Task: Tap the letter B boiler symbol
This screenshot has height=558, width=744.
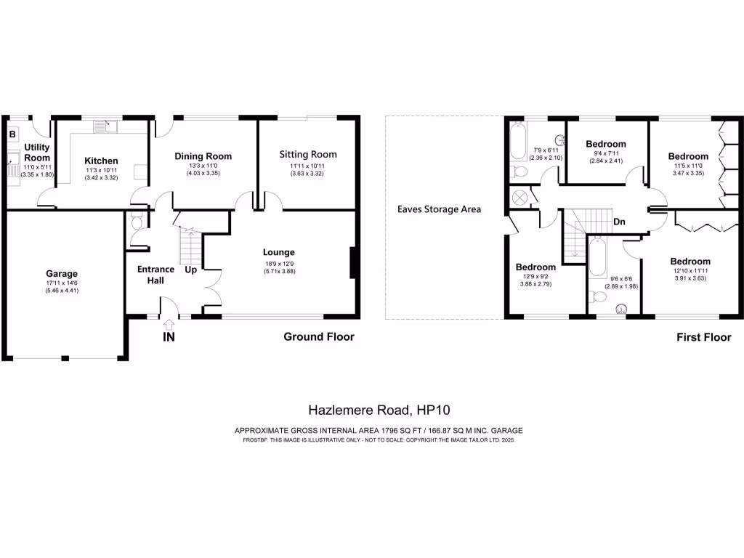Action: point(12,134)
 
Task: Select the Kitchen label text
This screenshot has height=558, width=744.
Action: point(101,161)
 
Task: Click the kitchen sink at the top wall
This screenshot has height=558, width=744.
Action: point(105,127)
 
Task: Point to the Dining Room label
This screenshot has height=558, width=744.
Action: point(203,156)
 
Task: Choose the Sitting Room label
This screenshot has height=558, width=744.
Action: point(309,154)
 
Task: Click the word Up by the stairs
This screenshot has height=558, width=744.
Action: point(190,270)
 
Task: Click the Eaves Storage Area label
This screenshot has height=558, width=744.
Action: point(439,209)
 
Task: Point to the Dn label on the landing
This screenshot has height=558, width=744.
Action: point(619,222)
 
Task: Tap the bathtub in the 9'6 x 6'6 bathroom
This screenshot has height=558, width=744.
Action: point(597,257)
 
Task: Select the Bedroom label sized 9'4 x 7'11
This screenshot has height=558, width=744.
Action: point(606,144)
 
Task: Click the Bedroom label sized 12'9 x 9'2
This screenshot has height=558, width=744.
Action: point(535,267)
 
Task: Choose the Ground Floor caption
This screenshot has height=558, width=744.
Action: point(319,337)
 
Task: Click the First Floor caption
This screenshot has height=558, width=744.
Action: point(703,337)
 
